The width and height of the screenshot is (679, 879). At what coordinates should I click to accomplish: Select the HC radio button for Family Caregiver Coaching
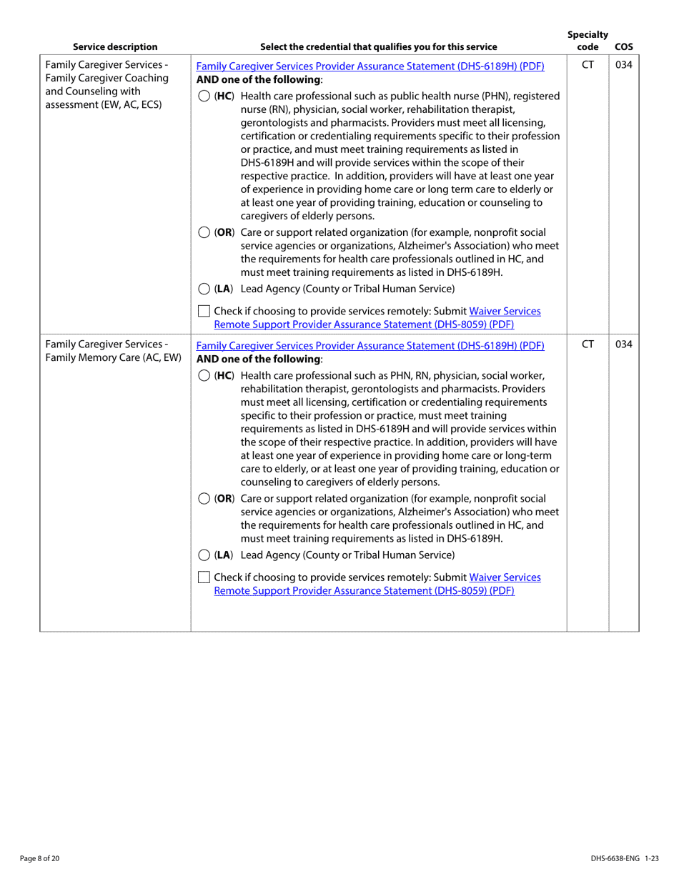coord(204,96)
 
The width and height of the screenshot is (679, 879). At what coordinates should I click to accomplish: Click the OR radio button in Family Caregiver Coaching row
coord(204,232)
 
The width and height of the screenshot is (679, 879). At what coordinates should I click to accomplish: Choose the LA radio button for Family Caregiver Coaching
coord(204,289)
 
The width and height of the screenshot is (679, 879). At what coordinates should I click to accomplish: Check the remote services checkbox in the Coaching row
coord(204,312)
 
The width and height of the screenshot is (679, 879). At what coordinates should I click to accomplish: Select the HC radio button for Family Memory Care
coord(204,376)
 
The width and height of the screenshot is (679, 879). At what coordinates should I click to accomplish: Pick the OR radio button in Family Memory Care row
coord(204,499)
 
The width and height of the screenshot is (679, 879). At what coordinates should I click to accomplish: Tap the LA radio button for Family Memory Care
coord(204,555)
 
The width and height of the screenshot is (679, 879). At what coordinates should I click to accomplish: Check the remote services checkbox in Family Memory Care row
coord(204,577)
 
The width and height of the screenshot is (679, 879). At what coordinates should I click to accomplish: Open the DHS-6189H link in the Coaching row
coord(370,66)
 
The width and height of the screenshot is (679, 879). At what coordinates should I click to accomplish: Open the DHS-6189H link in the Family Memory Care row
coord(370,346)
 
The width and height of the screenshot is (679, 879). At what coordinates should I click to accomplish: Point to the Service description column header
coord(115,47)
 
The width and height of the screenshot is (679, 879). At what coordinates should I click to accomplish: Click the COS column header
coord(623,47)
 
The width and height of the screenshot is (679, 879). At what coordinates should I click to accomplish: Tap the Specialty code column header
coord(588,41)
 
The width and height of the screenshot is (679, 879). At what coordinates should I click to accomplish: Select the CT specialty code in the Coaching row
coord(588,66)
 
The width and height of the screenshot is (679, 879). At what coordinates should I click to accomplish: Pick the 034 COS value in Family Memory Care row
coord(624,344)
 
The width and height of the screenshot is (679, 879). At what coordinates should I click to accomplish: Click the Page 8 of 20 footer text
coord(40,858)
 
